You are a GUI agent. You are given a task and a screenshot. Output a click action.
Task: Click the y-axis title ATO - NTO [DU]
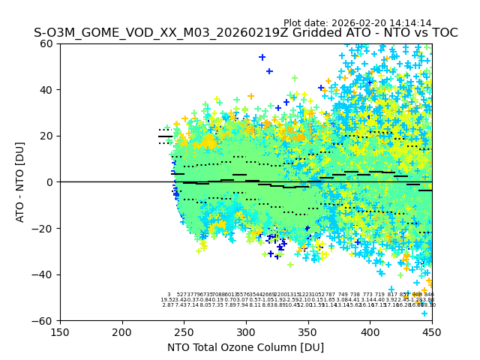[21, 182]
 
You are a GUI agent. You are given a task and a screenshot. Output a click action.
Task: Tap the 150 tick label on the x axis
[60, 332]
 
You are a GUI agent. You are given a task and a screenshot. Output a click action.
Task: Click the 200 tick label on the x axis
[122, 332]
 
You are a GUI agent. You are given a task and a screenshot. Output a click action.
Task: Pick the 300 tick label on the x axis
[246, 332]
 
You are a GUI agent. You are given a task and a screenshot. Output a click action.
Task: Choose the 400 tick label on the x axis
[370, 332]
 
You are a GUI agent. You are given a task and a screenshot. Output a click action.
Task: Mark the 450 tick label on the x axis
[432, 332]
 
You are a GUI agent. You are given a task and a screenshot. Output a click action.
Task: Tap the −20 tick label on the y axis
[44, 229]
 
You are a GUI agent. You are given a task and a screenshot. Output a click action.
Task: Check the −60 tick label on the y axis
[44, 321]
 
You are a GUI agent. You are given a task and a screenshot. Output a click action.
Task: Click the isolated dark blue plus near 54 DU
[262, 57]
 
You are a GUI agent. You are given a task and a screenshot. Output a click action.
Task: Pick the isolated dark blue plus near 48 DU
[269, 71]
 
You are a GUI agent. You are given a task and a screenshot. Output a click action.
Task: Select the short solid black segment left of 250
[166, 136]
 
